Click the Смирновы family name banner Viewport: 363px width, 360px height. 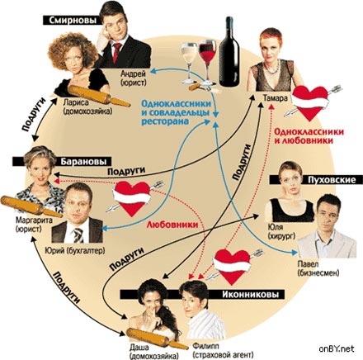point(72,20)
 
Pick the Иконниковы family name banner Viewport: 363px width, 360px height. point(202,295)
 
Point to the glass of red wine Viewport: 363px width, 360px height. point(207,62)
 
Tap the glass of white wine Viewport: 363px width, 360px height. point(190,63)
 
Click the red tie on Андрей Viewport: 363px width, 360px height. point(117,52)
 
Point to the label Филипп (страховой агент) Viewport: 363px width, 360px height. point(223,349)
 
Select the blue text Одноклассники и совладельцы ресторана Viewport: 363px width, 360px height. point(177,112)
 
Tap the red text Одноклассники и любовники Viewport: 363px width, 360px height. point(309,136)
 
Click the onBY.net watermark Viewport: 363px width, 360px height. point(337,348)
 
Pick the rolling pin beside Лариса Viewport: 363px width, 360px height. point(99,96)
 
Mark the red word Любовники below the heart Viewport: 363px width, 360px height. point(172,225)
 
